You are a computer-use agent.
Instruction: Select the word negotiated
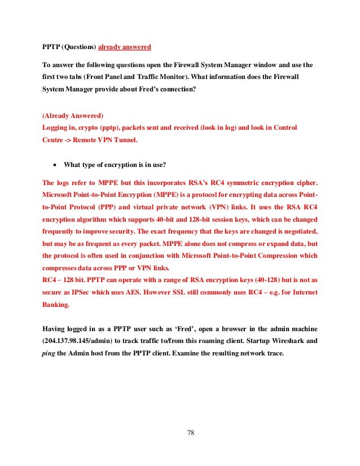tap(295, 231)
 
